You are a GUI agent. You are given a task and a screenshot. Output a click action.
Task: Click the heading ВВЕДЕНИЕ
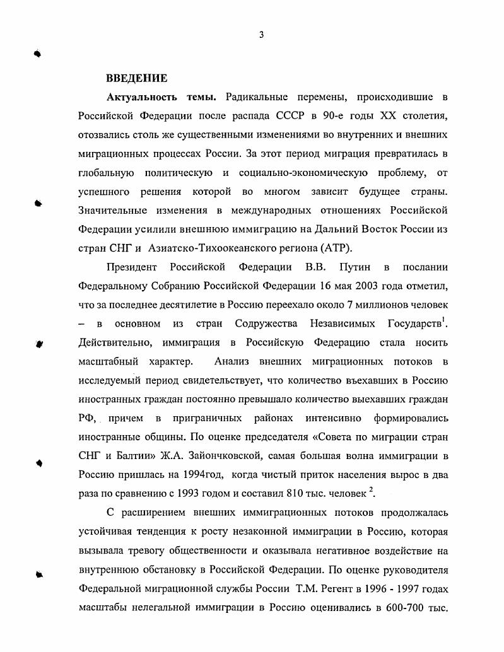point(136,79)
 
